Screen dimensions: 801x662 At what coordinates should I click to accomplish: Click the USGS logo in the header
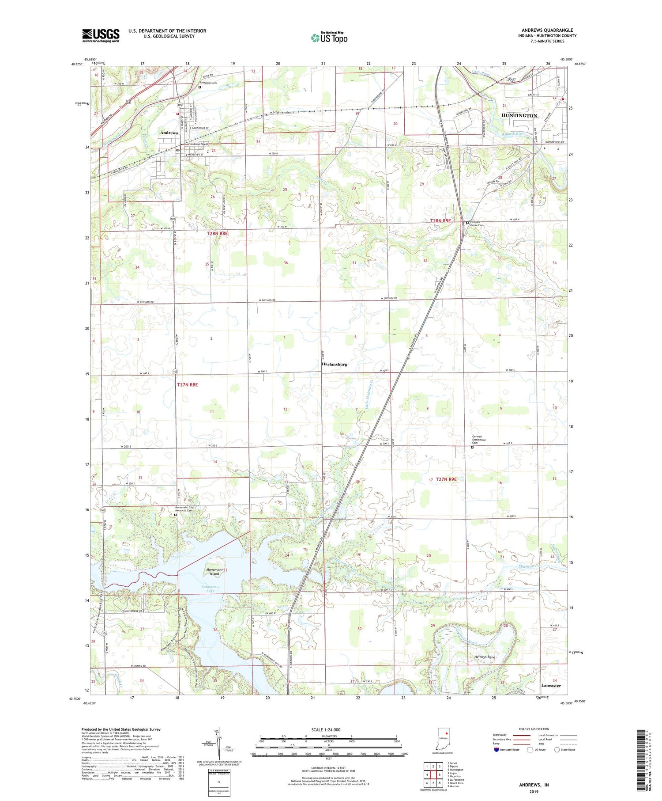pos(101,35)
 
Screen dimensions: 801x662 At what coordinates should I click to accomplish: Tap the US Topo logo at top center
pos(329,38)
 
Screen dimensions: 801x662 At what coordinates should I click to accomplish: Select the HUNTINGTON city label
pos(519,115)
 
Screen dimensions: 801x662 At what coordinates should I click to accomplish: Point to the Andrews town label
pos(169,133)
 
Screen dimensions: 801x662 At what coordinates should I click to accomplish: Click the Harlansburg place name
pos(334,364)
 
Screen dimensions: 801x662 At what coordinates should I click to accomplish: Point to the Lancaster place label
pos(551,685)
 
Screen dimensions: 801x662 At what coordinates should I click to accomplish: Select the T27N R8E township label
pos(187,385)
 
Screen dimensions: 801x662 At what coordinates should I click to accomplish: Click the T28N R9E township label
pos(440,220)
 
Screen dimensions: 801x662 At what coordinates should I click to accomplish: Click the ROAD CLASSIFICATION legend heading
pos(534,729)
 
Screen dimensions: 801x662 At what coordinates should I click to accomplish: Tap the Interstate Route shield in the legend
pos(497,749)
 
